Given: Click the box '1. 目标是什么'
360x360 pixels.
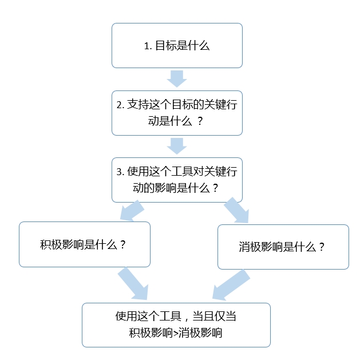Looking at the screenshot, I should (177, 45).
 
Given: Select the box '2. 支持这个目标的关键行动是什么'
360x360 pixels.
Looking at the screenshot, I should (177, 112).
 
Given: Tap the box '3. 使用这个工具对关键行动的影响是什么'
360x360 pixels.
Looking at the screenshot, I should (177, 180).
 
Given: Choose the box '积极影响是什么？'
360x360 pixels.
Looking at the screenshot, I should (85, 244).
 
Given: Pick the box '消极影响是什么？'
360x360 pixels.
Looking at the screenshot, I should (283, 247).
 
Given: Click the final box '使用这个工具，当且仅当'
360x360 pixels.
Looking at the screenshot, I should (176, 325).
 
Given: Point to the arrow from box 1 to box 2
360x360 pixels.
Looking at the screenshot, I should (177, 78).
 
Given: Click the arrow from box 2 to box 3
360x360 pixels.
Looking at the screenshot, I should (177, 145).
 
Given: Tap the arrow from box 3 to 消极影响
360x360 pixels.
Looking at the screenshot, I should (236, 211).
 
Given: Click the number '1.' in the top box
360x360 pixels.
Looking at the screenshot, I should (147, 46).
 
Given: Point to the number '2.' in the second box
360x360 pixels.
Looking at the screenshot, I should (120, 105).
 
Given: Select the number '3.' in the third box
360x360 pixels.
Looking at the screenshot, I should (120, 172).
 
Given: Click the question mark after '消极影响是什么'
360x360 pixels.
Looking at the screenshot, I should (322, 247).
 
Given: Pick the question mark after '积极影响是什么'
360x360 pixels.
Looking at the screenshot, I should (122, 245).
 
